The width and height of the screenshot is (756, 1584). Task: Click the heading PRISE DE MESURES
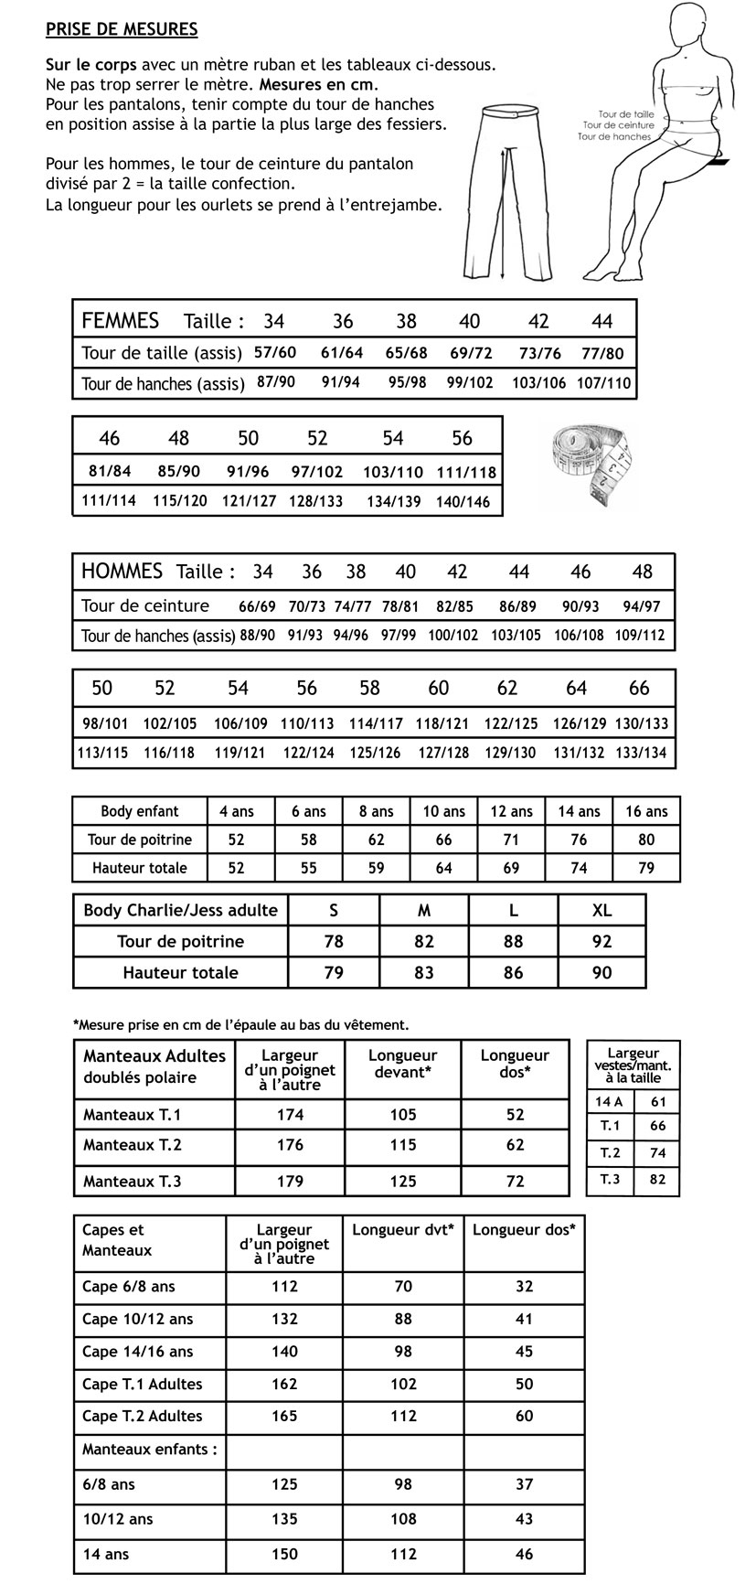(x=122, y=29)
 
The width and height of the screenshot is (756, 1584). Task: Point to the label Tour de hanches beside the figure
(x=614, y=136)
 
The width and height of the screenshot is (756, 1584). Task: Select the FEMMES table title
(x=121, y=321)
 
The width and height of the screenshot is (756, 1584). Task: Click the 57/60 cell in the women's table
(x=275, y=353)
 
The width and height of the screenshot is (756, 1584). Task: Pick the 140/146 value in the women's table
(x=463, y=501)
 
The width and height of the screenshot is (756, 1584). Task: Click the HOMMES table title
(x=122, y=572)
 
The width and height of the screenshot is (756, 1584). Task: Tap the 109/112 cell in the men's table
(x=640, y=635)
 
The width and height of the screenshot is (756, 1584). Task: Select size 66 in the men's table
(x=639, y=688)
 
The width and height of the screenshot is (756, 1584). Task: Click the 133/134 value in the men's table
(x=642, y=754)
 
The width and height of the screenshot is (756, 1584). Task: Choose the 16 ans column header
(x=646, y=811)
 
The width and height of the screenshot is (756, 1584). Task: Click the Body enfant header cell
(x=140, y=811)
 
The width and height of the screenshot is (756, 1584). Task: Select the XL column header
(x=602, y=910)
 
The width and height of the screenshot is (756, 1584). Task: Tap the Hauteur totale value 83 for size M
(x=424, y=973)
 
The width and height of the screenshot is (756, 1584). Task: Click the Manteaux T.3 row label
(x=133, y=1181)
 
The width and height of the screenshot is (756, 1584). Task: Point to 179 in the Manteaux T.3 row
(x=290, y=1181)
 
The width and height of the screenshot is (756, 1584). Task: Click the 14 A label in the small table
(x=609, y=1102)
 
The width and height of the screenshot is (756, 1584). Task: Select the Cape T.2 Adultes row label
(x=143, y=1416)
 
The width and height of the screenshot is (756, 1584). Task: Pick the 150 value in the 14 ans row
(x=284, y=1554)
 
